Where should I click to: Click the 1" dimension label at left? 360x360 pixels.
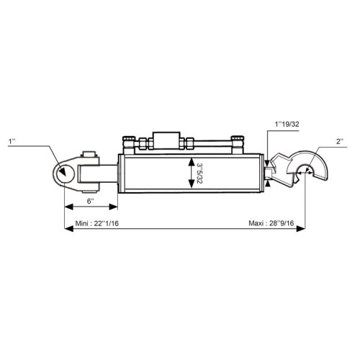click(x=12, y=141)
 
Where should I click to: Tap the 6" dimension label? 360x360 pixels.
click(x=90, y=201)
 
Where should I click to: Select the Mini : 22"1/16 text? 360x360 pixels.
click(x=97, y=223)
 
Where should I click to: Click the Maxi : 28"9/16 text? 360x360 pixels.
click(x=271, y=223)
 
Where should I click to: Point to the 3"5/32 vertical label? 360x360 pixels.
click(x=199, y=174)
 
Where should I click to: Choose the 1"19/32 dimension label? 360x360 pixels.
click(x=287, y=124)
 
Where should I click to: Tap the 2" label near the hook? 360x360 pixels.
click(x=340, y=141)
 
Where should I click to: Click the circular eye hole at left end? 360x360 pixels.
click(x=65, y=173)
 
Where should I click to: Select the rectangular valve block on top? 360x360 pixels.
click(x=167, y=140)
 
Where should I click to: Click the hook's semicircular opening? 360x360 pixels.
click(x=305, y=171)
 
